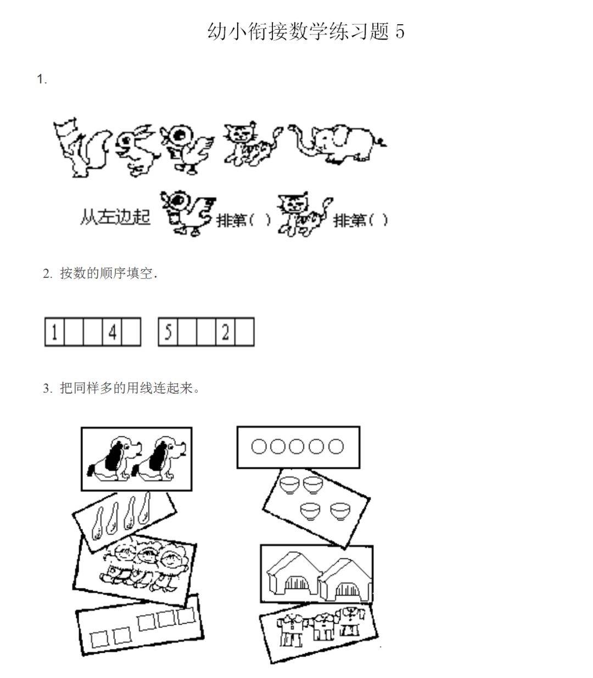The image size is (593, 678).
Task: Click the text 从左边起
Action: point(114,216)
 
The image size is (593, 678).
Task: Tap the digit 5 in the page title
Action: point(399,31)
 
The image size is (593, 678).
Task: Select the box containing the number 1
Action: point(54,332)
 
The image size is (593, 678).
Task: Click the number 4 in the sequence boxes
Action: point(113,332)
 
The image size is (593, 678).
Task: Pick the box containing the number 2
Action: point(226,332)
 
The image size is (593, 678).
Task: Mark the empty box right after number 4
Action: point(131,332)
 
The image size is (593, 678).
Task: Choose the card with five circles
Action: point(298,447)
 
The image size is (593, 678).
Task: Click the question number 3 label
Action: point(47,388)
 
